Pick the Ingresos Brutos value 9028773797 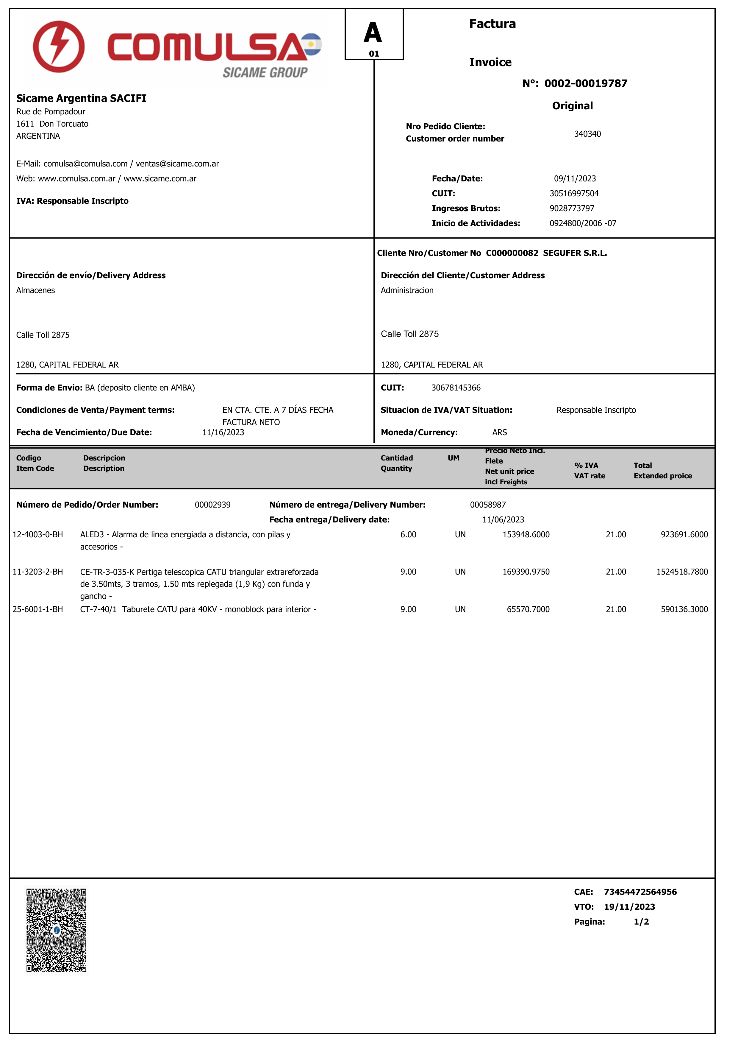tap(572, 208)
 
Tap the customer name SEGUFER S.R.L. tap(575, 253)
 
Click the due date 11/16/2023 tap(223, 432)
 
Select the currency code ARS tap(499, 432)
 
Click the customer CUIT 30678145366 tap(456, 388)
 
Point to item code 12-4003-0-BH tap(38, 534)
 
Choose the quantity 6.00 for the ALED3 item tap(408, 534)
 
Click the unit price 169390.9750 tap(526, 572)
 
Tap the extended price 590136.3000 tap(684, 609)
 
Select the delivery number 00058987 tap(488, 505)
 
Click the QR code tap(56, 930)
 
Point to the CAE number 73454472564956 tap(640, 892)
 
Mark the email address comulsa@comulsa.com tap(85, 164)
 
